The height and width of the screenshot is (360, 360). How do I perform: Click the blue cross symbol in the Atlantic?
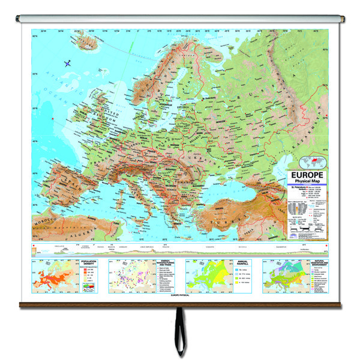(x=66, y=61)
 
